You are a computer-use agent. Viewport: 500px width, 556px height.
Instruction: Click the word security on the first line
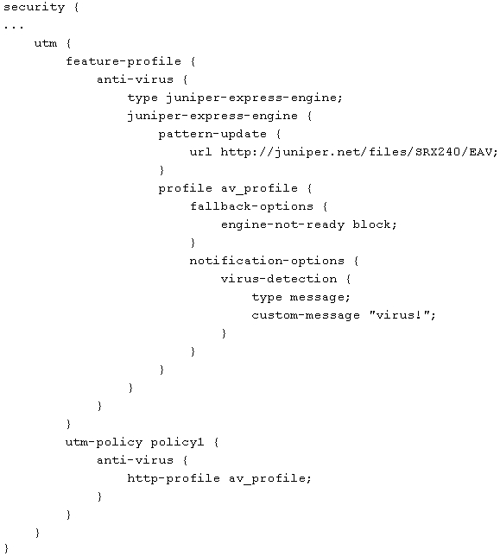pos(34,8)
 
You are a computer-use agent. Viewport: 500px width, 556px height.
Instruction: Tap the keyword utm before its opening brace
pos(46,44)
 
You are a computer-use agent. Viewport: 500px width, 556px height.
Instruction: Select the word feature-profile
pos(123,61)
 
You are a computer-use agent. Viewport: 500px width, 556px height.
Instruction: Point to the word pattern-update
pos(212,135)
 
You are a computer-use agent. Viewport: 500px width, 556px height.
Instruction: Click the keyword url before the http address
pos(200,152)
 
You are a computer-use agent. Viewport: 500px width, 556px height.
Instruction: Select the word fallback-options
pos(251,206)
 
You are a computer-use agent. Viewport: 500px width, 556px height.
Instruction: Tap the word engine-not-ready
pos(282,224)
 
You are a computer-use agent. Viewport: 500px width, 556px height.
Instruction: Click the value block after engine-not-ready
pos(372,224)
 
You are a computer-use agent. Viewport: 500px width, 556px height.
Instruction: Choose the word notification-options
pos(267,261)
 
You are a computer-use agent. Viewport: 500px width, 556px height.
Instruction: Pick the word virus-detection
pos(279,279)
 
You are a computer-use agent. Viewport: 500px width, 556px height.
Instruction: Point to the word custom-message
pos(306,315)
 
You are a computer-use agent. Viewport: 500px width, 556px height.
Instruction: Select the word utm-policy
pos(104,442)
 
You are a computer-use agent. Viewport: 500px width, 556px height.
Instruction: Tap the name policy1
pos(177,443)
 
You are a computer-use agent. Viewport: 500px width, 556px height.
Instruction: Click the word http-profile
pos(174,478)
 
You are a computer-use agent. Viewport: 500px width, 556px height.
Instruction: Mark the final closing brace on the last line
pos(6,548)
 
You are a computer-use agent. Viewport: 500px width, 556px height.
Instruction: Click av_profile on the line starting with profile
pos(259,188)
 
